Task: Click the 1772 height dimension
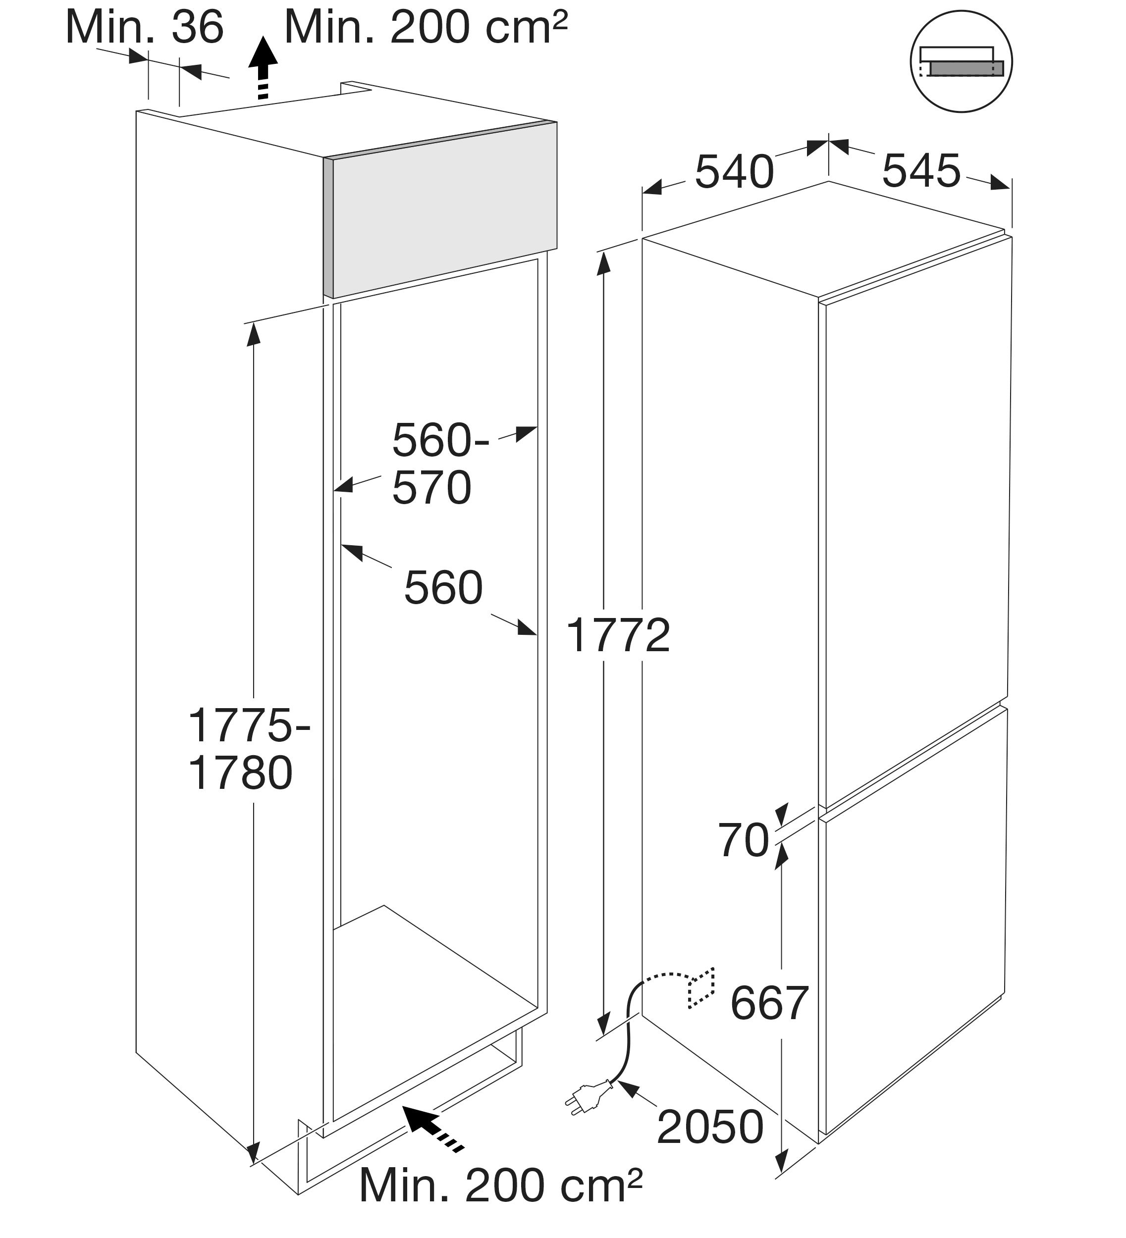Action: [x=618, y=635]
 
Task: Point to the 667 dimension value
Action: [x=769, y=1003]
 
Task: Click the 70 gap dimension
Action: [x=743, y=840]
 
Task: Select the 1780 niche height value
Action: [x=240, y=773]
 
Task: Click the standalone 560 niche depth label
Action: [x=443, y=588]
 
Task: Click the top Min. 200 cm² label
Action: [x=425, y=28]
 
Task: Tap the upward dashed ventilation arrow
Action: [x=263, y=67]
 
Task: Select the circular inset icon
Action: [x=961, y=62]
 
